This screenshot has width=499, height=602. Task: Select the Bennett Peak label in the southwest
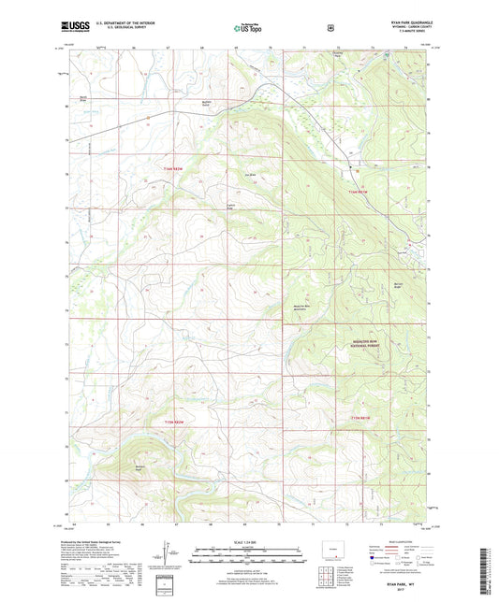(140, 466)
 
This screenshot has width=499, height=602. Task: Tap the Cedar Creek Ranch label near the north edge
(213, 101)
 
